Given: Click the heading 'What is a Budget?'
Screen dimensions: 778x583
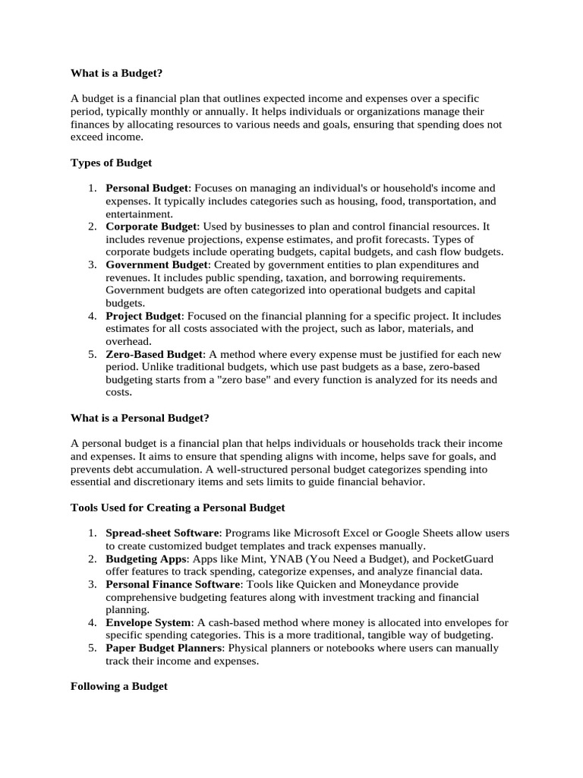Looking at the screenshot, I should [x=116, y=74].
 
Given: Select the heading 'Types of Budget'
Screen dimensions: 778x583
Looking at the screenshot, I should [x=111, y=163].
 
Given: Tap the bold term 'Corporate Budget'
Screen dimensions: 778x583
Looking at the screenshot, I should [x=151, y=226].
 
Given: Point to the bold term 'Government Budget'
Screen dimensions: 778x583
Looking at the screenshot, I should [x=156, y=264].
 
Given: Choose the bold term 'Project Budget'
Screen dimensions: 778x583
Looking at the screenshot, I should [x=143, y=315].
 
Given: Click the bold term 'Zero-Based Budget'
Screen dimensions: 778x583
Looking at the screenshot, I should [x=154, y=354].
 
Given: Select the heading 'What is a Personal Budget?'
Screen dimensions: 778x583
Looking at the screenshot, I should [x=140, y=418].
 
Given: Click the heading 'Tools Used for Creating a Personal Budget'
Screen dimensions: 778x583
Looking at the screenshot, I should [x=178, y=507].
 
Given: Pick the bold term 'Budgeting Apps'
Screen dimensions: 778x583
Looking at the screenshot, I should [x=145, y=558].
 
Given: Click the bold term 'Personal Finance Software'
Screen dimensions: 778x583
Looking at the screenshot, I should [x=172, y=584].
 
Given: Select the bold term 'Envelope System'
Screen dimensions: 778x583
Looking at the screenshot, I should [x=148, y=622].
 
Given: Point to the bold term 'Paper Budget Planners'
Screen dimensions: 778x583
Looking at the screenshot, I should [x=163, y=648].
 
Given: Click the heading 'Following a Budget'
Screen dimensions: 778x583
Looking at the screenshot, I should [x=118, y=686].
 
